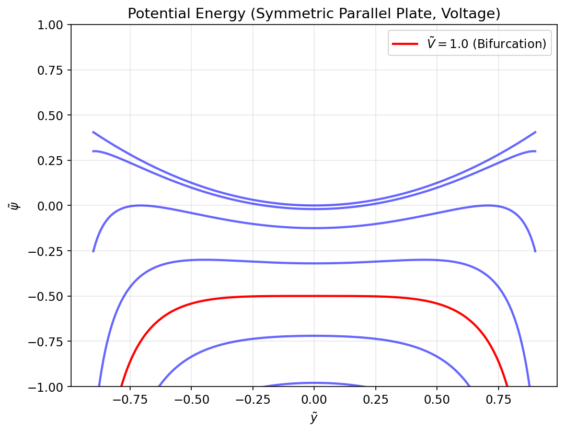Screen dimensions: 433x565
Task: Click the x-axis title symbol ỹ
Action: click(x=314, y=418)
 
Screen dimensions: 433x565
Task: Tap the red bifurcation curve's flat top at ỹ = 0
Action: click(x=314, y=296)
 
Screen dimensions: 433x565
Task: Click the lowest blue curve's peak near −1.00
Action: click(x=314, y=383)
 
